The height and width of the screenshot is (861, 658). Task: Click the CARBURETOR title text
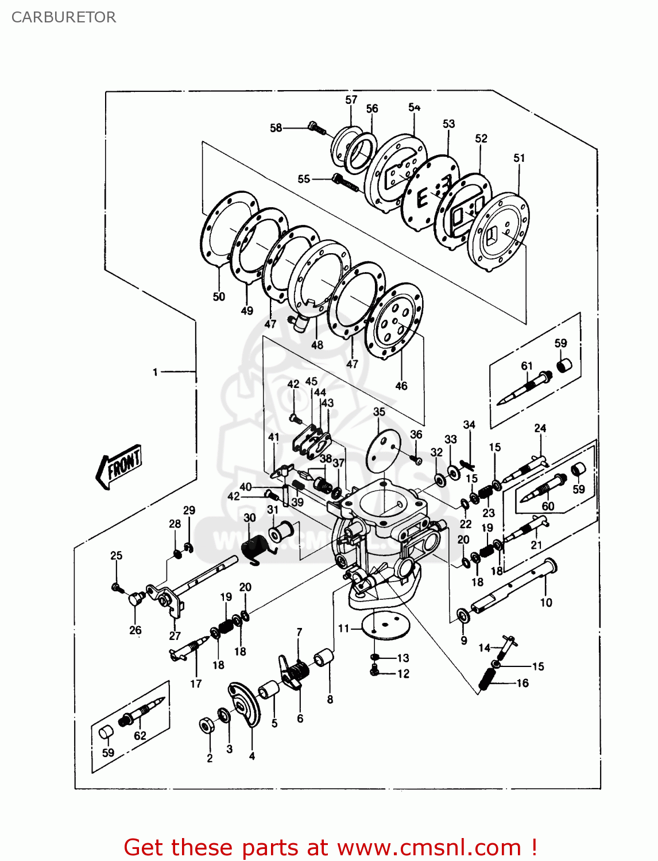(63, 17)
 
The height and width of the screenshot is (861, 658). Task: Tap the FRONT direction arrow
(119, 466)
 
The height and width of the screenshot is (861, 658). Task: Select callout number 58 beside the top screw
(276, 127)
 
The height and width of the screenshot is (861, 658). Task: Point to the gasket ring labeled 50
(229, 230)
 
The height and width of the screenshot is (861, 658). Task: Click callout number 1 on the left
(155, 372)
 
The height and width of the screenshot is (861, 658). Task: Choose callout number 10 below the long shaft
(545, 602)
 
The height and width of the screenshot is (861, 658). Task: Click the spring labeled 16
(487, 679)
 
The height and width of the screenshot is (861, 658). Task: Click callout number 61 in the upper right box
(527, 366)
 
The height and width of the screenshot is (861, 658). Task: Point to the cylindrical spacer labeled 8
(323, 658)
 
